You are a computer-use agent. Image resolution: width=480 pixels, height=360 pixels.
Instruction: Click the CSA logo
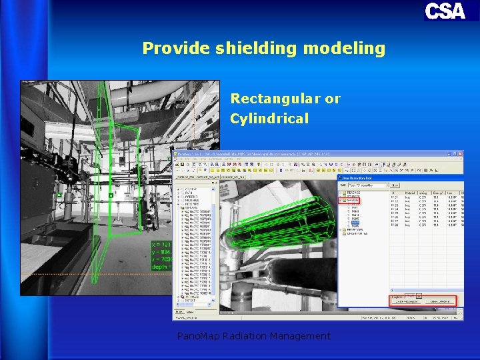coord(445,11)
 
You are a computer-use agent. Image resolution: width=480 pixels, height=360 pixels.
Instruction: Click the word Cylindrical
coord(269,119)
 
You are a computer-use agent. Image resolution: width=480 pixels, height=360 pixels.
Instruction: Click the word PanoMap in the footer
coord(198,336)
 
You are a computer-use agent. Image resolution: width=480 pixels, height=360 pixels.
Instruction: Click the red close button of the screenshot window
coord(459,154)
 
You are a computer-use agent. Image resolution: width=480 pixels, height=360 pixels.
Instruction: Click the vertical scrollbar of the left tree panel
coord(216,247)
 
